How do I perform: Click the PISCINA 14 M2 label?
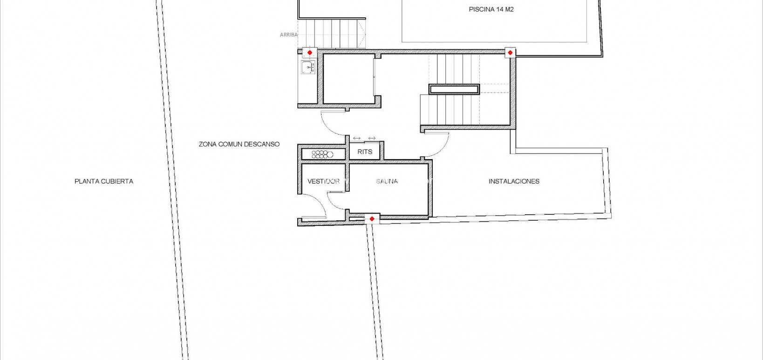click(491, 9)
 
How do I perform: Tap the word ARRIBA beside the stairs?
click(288, 34)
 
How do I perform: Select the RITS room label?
click(365, 152)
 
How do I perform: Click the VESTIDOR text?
click(323, 181)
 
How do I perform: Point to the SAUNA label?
click(387, 181)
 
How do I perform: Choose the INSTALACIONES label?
click(514, 181)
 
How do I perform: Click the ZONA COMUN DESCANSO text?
click(239, 144)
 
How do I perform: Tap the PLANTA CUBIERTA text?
click(104, 181)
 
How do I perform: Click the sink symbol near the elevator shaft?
click(308, 68)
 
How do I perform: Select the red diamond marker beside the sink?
click(309, 53)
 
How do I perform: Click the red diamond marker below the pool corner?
click(510, 53)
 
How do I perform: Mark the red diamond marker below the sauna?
click(372, 218)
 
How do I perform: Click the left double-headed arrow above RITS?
click(357, 138)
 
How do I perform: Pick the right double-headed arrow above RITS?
click(372, 138)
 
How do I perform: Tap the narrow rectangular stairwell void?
click(454, 89)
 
